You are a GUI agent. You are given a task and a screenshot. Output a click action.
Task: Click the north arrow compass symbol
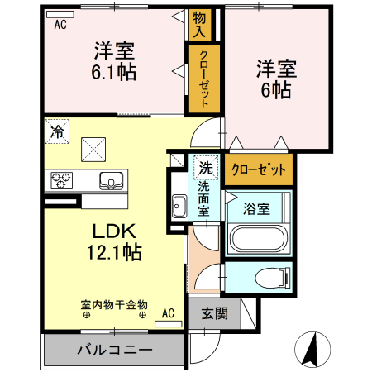point(312,348)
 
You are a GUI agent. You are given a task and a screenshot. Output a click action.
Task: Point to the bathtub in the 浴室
point(259,240)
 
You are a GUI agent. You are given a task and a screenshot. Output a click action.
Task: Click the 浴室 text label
point(255,209)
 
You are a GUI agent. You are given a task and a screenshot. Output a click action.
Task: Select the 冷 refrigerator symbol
point(57,131)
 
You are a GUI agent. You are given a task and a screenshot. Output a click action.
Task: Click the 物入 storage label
point(200,26)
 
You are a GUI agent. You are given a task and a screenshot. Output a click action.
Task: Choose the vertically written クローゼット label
point(203,80)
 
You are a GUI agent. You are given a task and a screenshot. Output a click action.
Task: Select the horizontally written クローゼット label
point(258,169)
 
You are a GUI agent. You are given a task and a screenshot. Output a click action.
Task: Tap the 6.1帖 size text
point(115,71)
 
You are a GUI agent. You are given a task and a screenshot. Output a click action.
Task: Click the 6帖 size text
point(273,89)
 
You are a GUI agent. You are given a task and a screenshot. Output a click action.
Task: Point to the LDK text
point(113,232)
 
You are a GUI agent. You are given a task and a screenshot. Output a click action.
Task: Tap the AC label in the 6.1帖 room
point(60,25)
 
